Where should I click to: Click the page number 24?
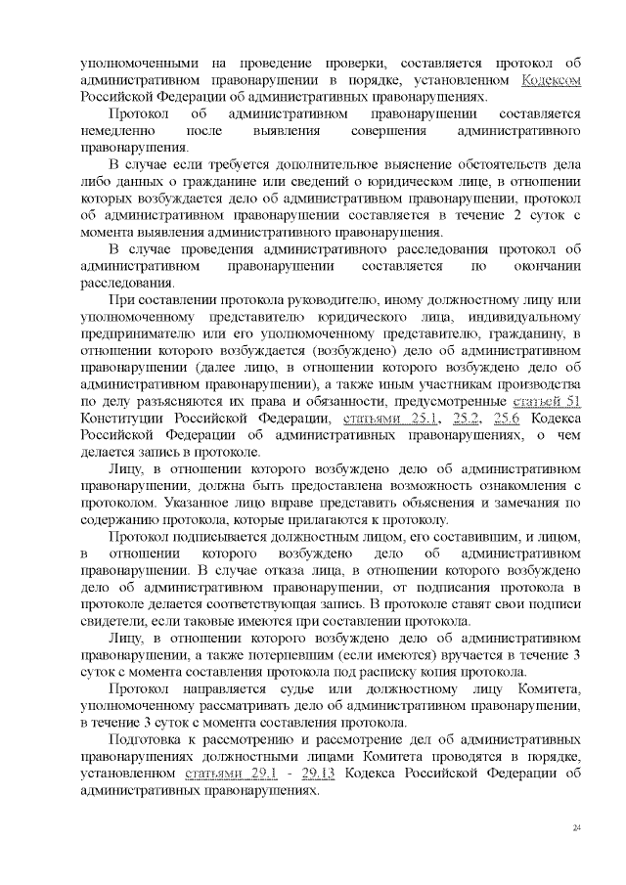[x=577, y=828]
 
